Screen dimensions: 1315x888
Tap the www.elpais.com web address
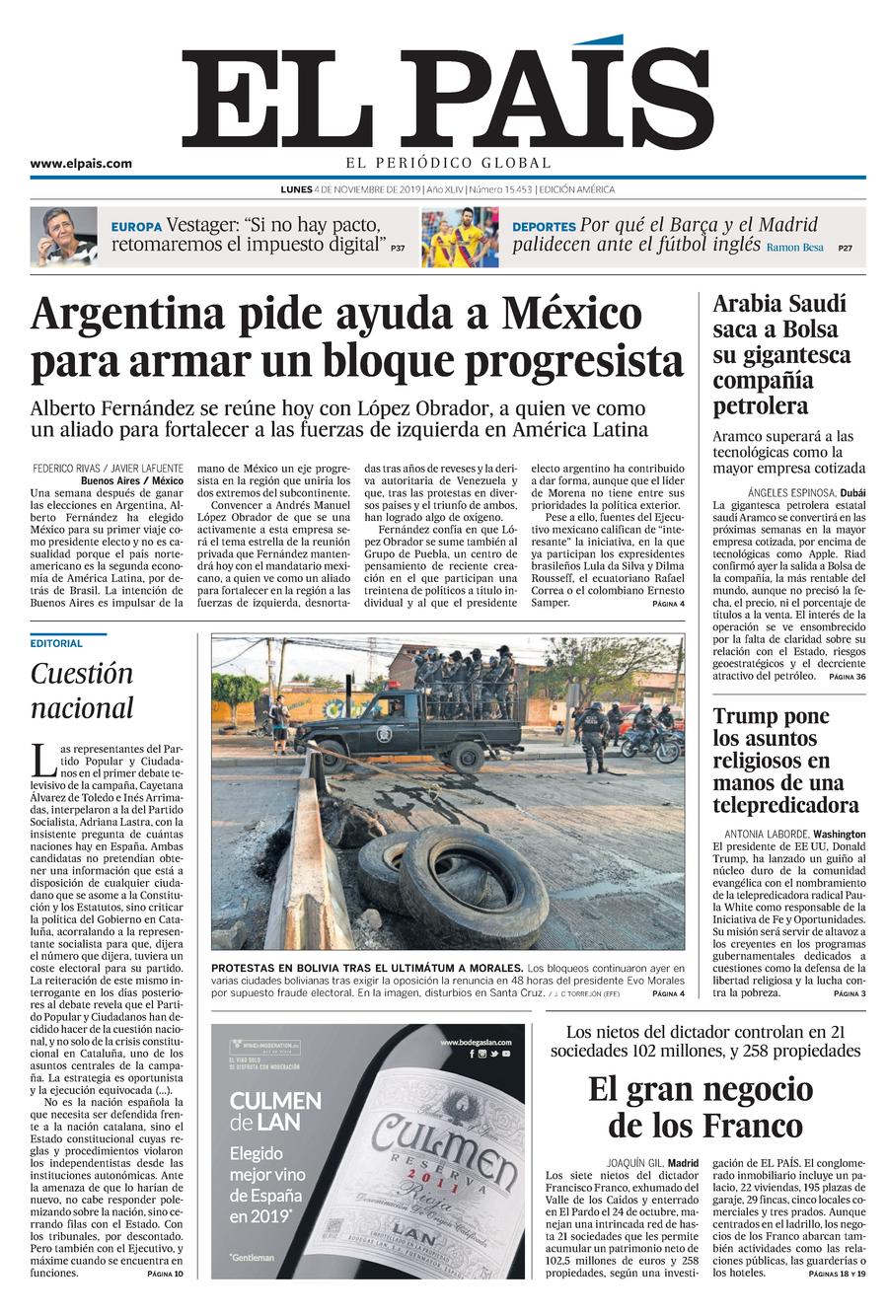tap(81, 164)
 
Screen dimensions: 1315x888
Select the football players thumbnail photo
tap(460, 237)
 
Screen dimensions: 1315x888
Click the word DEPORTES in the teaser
tap(544, 227)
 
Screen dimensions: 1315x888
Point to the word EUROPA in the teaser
tap(136, 227)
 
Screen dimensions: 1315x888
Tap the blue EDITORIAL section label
tap(56, 643)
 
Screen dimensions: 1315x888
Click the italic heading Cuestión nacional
tap(82, 691)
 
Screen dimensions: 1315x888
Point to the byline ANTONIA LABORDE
tap(762, 833)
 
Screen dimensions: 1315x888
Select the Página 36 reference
tap(847, 677)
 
